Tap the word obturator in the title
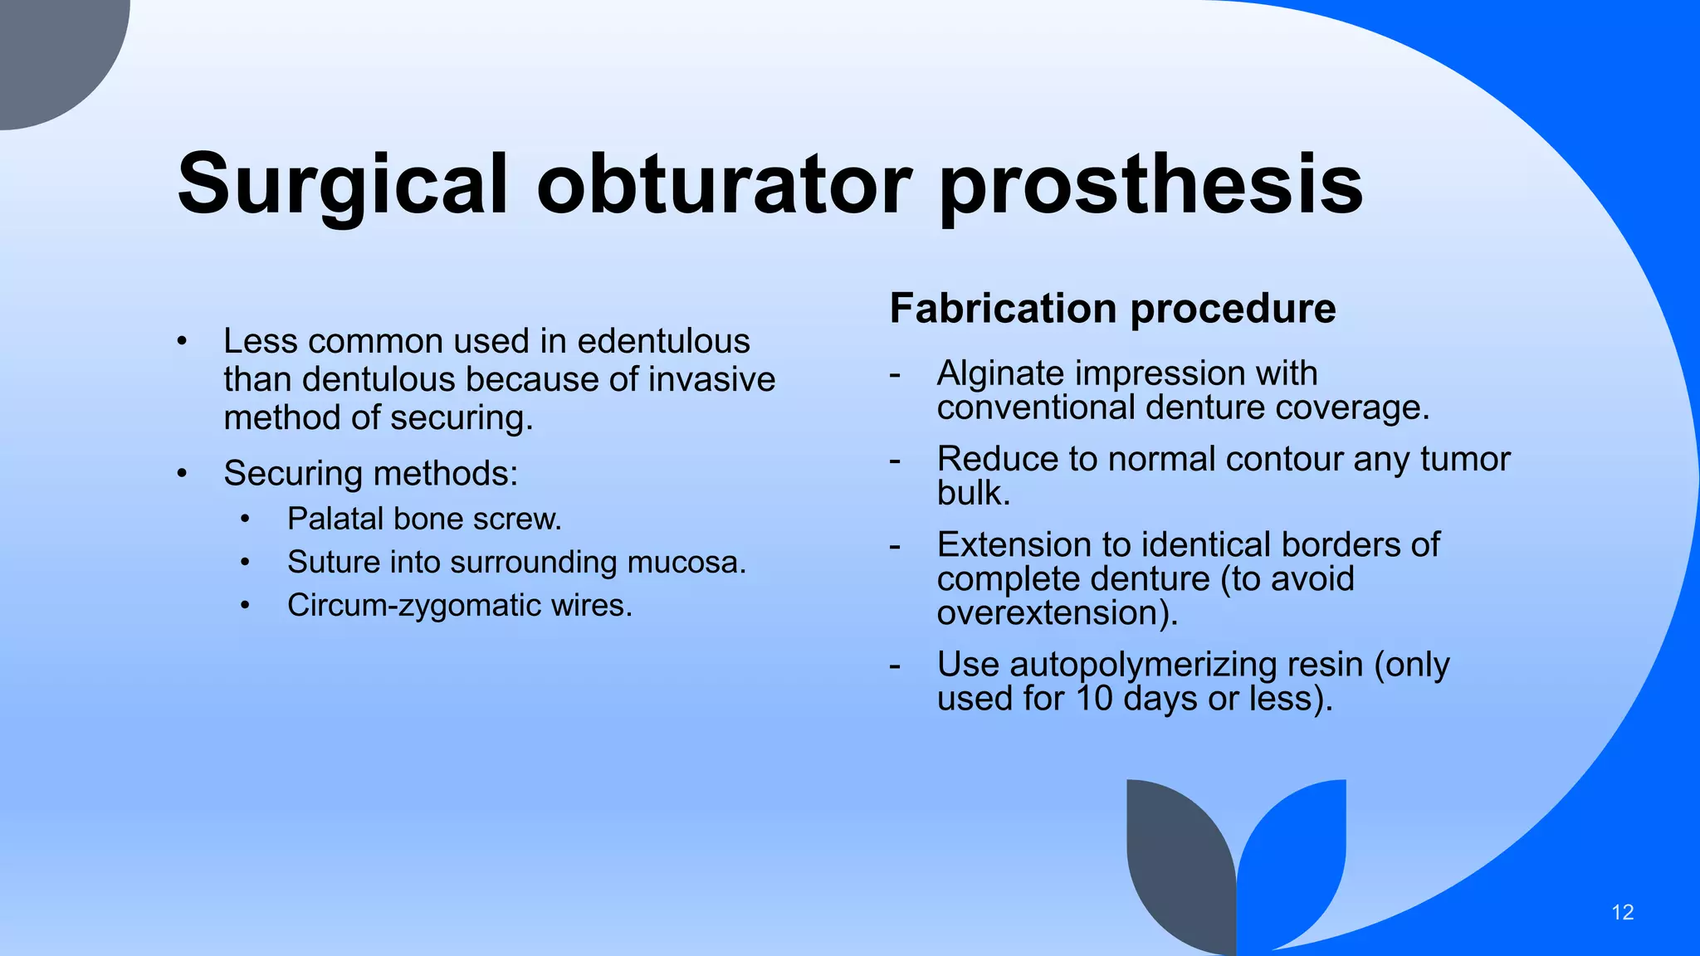(724, 184)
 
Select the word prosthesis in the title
(1150, 184)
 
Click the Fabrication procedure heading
(1112, 309)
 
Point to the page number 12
(1622, 913)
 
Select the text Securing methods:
(370, 473)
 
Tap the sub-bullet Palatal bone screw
(424, 519)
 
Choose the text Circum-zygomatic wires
(459, 605)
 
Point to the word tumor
(1464, 459)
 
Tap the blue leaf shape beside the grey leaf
(1295, 855)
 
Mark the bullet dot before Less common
(182, 342)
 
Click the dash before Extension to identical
(894, 546)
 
